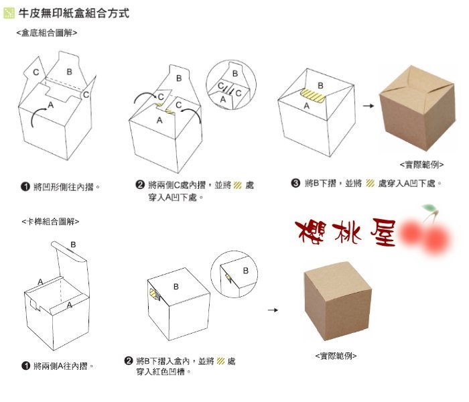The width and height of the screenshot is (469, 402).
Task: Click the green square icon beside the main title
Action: click(9, 13)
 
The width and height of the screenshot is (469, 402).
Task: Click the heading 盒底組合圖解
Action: click(47, 33)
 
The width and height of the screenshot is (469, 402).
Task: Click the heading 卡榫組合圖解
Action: click(50, 222)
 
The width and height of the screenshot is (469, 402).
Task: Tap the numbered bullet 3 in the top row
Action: click(295, 183)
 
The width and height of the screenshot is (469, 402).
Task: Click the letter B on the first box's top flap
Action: click(70, 72)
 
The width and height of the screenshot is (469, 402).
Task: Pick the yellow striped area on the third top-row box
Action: click(313, 96)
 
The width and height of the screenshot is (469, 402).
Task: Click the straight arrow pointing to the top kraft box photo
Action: click(368, 106)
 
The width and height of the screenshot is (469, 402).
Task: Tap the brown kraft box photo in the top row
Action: click(417, 109)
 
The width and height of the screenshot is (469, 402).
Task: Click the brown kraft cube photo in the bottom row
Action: click(338, 301)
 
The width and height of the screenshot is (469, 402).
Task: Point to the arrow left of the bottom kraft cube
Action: click(273, 310)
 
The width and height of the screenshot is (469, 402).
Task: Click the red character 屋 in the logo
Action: click(383, 232)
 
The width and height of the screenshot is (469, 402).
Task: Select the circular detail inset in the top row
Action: click(231, 85)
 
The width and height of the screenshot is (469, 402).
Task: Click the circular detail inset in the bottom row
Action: click(234, 274)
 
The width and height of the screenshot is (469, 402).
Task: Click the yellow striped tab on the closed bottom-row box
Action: click(154, 294)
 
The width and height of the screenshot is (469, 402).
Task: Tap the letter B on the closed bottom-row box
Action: click(176, 287)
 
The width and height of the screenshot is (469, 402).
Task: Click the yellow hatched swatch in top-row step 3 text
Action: click(371, 183)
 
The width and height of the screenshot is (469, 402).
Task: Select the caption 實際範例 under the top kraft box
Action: click(421, 165)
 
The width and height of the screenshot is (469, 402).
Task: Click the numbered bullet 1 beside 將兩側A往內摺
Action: click(25, 366)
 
